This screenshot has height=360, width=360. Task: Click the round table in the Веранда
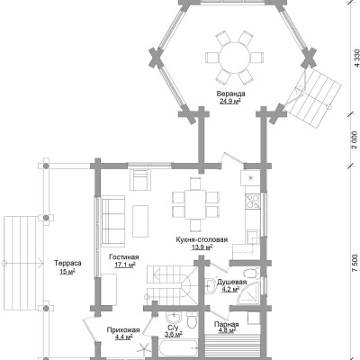click(x=234, y=58)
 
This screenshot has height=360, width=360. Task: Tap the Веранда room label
click(x=230, y=94)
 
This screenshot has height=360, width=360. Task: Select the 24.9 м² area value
click(x=230, y=101)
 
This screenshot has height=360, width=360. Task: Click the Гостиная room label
click(x=124, y=257)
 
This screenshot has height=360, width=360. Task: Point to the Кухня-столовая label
click(x=202, y=239)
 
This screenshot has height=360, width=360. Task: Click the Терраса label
click(x=67, y=264)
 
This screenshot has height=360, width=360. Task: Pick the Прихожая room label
click(x=123, y=330)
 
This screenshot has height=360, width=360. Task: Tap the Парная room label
click(x=227, y=324)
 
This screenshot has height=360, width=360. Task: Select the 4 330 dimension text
click(x=356, y=58)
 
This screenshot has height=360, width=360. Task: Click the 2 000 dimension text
click(x=355, y=139)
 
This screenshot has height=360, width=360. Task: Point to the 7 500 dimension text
click(x=355, y=264)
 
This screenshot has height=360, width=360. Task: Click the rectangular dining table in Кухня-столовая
click(x=195, y=204)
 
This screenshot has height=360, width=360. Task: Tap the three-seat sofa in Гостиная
click(x=113, y=220)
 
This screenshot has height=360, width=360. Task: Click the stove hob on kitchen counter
click(x=253, y=201)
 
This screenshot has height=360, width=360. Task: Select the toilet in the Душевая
click(x=252, y=273)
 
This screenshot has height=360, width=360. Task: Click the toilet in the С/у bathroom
click(x=192, y=320)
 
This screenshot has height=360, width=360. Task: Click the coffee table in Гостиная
click(x=140, y=221)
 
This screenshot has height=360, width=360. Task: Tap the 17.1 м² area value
click(x=125, y=265)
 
